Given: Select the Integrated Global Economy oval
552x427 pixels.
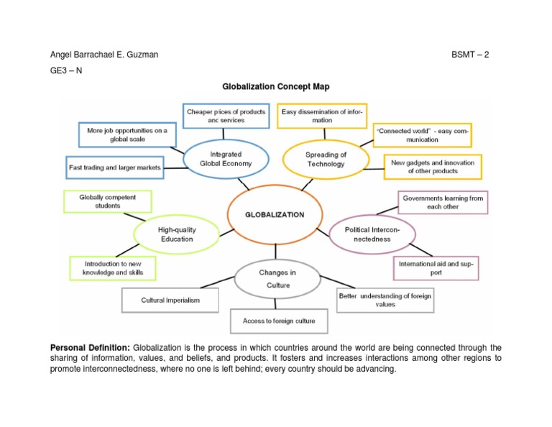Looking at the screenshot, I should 226,159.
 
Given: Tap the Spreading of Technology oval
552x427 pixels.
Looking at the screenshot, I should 326,159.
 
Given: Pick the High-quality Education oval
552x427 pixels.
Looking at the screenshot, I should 176,234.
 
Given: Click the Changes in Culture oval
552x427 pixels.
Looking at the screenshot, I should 277,279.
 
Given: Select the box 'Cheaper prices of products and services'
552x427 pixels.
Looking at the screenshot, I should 226,116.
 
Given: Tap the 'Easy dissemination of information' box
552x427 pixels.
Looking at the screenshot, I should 323,116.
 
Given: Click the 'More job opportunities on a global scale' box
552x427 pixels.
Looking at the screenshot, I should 126,134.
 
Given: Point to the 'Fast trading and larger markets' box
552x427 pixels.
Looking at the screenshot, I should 114,167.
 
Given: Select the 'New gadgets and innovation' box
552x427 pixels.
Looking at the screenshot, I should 432,167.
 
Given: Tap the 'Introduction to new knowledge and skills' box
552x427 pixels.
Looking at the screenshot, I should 113,268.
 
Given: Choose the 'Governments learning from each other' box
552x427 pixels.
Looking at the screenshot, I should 442,202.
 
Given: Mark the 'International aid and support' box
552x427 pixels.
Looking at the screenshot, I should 436,268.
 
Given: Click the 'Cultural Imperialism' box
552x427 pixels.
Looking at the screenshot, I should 170,300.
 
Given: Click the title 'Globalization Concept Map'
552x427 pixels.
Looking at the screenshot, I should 275,86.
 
